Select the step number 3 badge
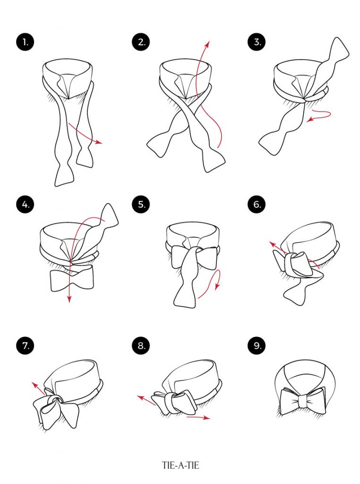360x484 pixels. click(x=257, y=42)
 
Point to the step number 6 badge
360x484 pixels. click(x=257, y=204)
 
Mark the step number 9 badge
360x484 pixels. click(x=257, y=346)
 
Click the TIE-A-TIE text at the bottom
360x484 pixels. click(x=180, y=465)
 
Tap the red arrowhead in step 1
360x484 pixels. click(x=99, y=142)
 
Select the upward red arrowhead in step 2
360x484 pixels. click(x=206, y=44)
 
